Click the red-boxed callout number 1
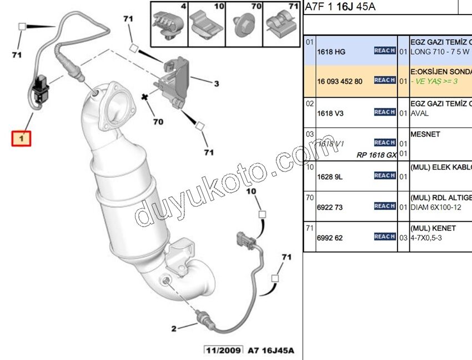22,137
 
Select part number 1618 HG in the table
331,52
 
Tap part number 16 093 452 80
339,81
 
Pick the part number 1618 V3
330,113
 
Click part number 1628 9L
330,177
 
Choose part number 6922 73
330,207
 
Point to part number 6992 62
330,238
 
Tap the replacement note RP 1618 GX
376,155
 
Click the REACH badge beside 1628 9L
384,176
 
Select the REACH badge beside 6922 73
384,206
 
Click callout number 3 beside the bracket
216,83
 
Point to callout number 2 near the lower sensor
174,328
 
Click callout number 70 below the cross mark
158,121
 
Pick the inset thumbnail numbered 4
169,24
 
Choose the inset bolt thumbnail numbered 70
244,24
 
